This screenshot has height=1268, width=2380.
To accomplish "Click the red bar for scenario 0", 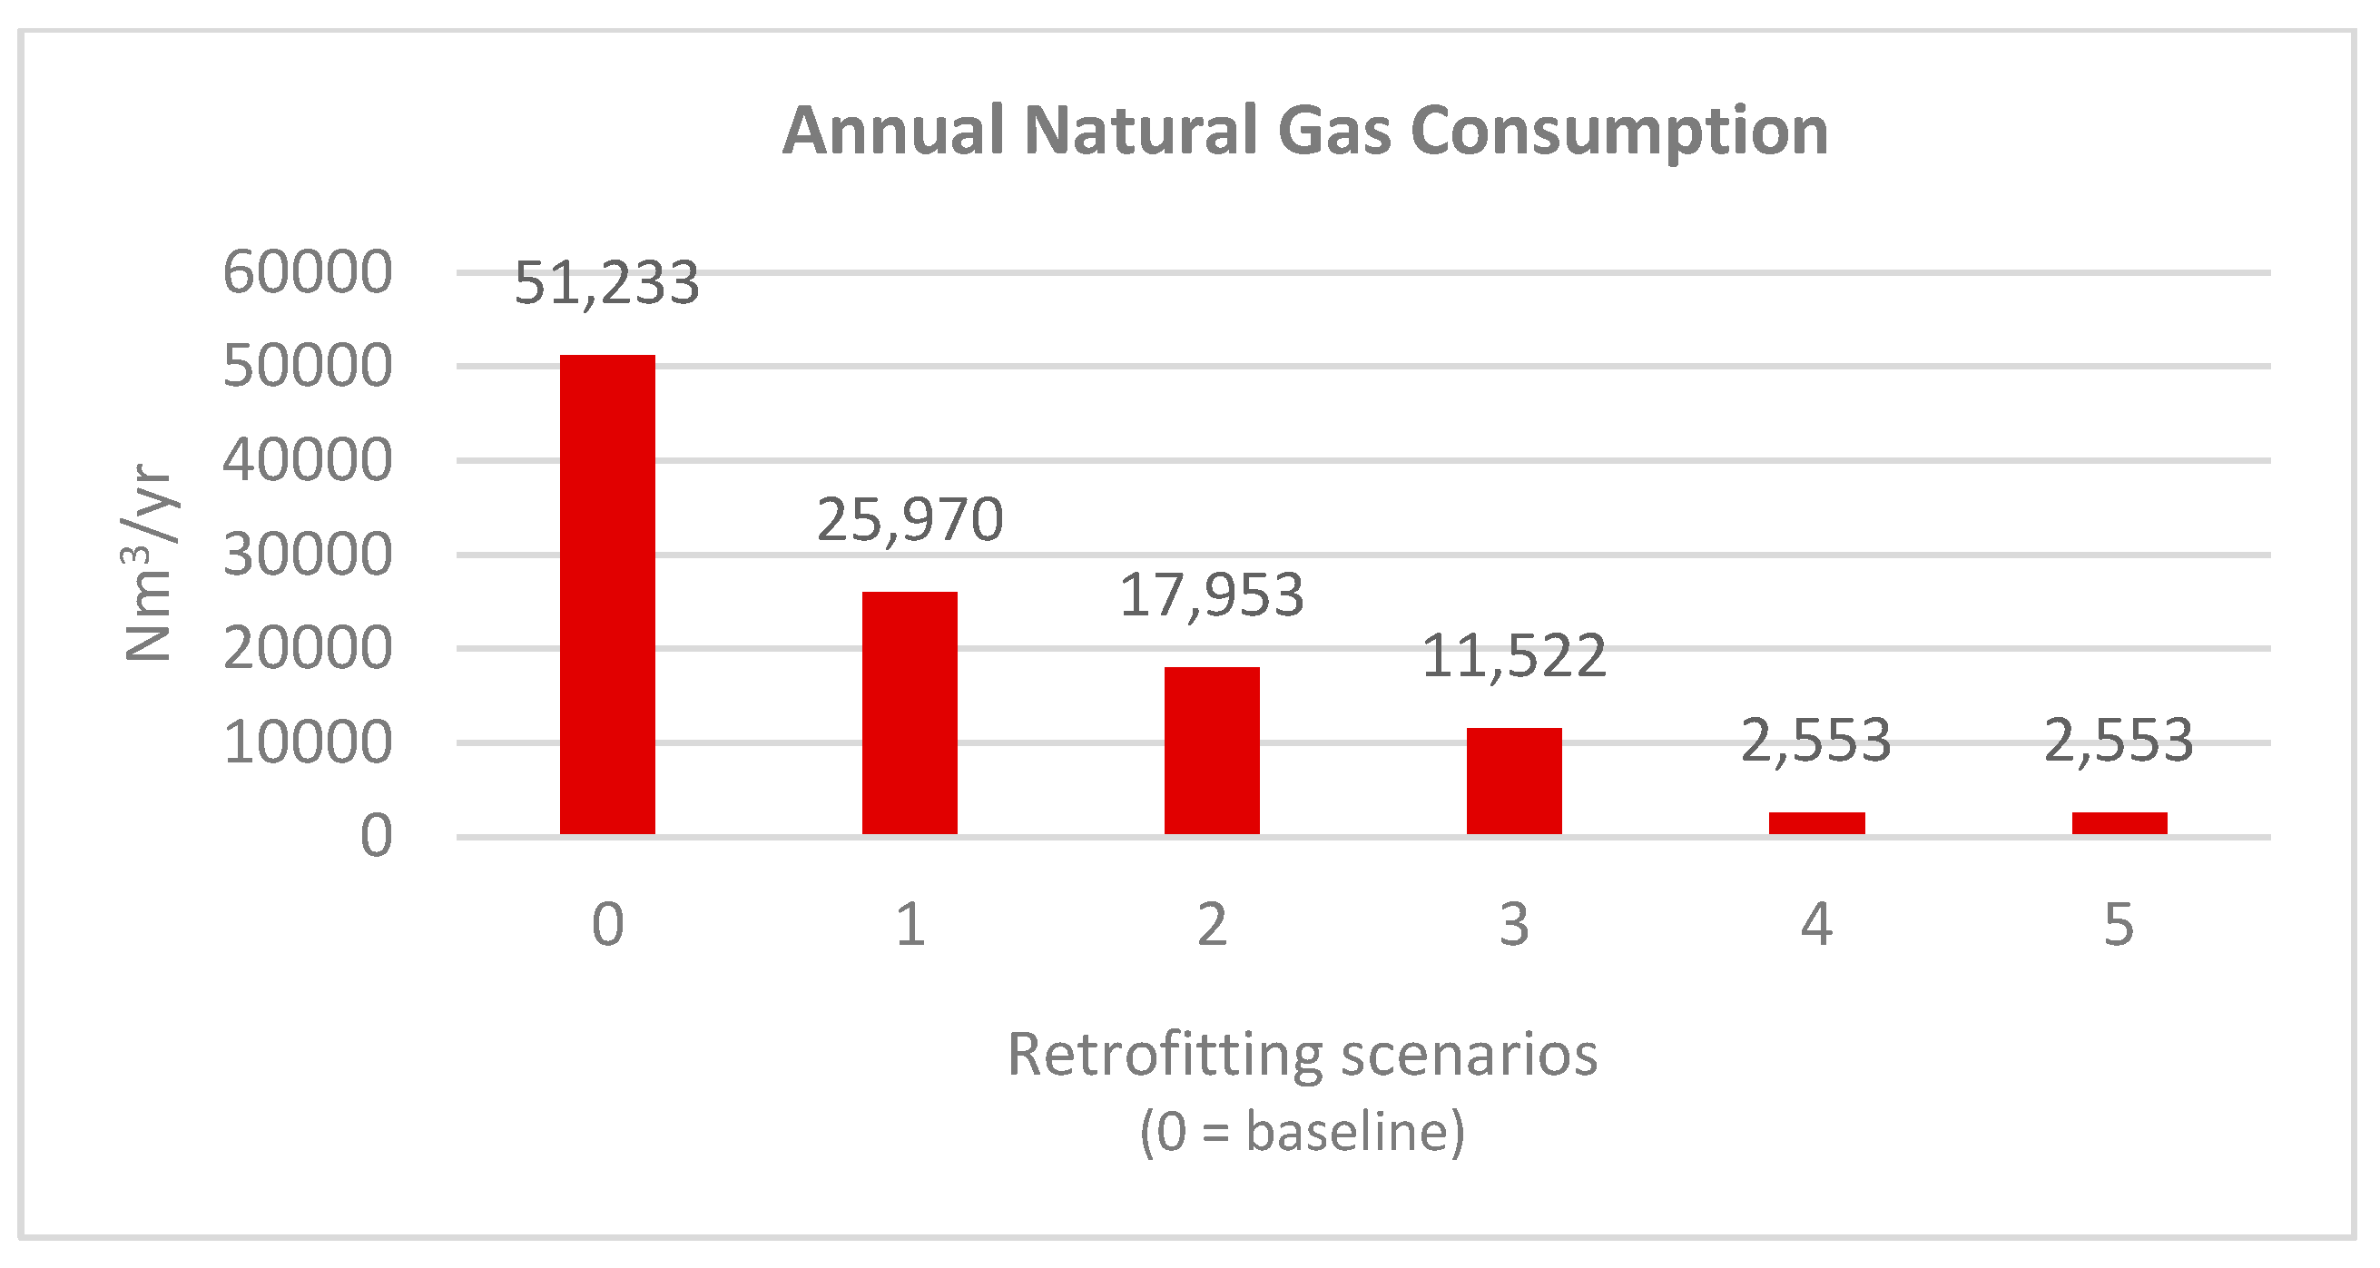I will pyautogui.click(x=607, y=595).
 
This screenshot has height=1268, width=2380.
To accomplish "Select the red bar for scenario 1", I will pyautogui.click(x=910, y=713).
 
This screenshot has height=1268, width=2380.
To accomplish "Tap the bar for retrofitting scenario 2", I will pyautogui.click(x=1211, y=751).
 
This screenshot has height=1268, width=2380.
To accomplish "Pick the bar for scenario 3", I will pyautogui.click(x=1514, y=781).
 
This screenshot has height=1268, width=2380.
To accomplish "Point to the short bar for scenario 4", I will pyautogui.click(x=1816, y=822).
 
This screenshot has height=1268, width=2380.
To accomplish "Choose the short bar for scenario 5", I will pyautogui.click(x=2119, y=822).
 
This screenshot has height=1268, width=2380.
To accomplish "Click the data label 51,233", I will pyautogui.click(x=607, y=283).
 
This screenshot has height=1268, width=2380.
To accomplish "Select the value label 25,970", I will pyautogui.click(x=910, y=519).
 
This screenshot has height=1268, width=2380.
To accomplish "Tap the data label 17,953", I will pyautogui.click(x=1211, y=595).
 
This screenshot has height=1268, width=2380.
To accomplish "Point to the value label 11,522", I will pyautogui.click(x=1514, y=656).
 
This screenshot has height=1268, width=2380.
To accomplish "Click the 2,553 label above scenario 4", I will pyautogui.click(x=1816, y=741).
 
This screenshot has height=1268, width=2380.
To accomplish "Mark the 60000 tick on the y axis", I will pyautogui.click(x=308, y=272).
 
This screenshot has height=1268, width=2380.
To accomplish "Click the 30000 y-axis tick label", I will pyautogui.click(x=308, y=555).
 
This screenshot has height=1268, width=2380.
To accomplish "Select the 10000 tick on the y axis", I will pyautogui.click(x=308, y=742).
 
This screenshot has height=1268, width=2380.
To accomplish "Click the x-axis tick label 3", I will pyautogui.click(x=1514, y=924).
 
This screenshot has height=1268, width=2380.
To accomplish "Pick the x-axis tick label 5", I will pyautogui.click(x=2119, y=924).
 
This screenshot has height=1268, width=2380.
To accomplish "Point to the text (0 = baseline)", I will pyautogui.click(x=1302, y=1131).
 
